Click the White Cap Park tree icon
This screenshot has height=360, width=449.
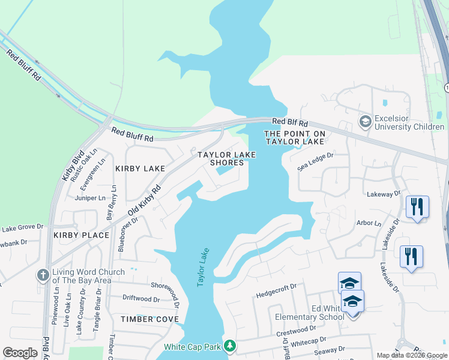[229, 346]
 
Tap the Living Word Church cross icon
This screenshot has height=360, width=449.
[43, 275]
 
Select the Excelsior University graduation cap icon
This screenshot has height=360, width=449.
[364, 122]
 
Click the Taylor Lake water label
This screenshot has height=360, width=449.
[202, 268]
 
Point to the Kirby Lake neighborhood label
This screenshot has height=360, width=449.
[140, 169]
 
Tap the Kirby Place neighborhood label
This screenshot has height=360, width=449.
[81, 235]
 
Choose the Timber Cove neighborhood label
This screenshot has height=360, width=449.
[149, 319]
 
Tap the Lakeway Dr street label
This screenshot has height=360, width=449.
[384, 194]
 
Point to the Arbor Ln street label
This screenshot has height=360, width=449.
[369, 224]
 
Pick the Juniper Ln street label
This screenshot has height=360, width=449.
[90, 197]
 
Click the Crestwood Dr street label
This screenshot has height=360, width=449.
[296, 331]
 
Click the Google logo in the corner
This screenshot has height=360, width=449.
[20, 353]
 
